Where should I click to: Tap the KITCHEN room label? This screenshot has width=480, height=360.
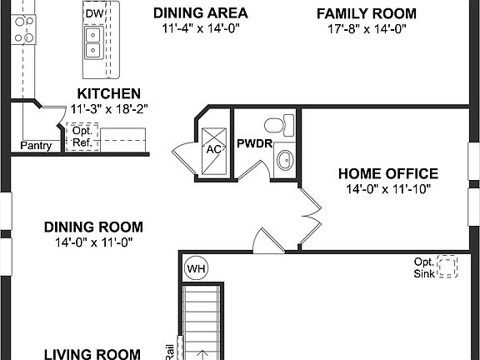108,93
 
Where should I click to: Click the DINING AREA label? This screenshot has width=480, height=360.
201,13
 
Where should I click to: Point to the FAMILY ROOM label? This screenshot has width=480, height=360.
367,13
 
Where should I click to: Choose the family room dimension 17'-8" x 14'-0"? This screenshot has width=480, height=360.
367,28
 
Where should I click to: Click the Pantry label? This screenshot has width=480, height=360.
36,146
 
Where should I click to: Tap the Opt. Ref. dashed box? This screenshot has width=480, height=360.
82,136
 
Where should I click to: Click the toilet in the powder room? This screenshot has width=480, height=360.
276,126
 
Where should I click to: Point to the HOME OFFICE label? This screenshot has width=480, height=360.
387,173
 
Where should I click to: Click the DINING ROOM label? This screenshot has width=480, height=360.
93,227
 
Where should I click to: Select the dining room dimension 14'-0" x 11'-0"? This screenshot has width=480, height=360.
93,242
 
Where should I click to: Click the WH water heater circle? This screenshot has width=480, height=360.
196,268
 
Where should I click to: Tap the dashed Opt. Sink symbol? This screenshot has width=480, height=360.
448,266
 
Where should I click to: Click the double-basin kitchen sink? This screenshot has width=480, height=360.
93,42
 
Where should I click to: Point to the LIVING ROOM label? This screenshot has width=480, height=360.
92,354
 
